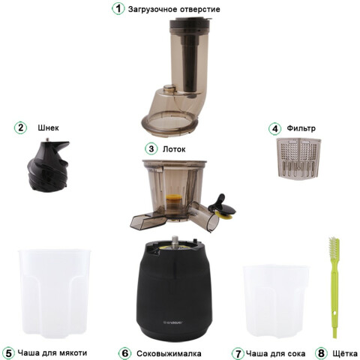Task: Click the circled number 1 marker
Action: pyautogui.click(x=118, y=9)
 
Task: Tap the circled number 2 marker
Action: pyautogui.click(x=20, y=127)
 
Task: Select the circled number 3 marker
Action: pyautogui.click(x=151, y=148)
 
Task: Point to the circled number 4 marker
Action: pyautogui.click(x=275, y=128)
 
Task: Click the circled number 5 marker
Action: pyautogui.click(x=8, y=353)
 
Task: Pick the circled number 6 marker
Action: pyautogui.click(x=124, y=353)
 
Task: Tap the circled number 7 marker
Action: pyautogui.click(x=238, y=353)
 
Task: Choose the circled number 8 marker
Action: pyautogui.click(x=321, y=353)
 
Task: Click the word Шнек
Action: pyautogui.click(x=48, y=127)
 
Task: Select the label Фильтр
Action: pyautogui.click(x=301, y=128)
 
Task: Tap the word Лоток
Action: pyautogui.click(x=174, y=149)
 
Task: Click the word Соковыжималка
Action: pyautogui.click(x=169, y=354)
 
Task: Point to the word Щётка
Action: pyautogui.click(x=345, y=353)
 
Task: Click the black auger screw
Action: pyautogui.click(x=48, y=166)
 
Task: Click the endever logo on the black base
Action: pyautogui.click(x=173, y=322)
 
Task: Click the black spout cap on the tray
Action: pyautogui.click(x=222, y=205)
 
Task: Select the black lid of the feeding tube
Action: pyautogui.click(x=189, y=23)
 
